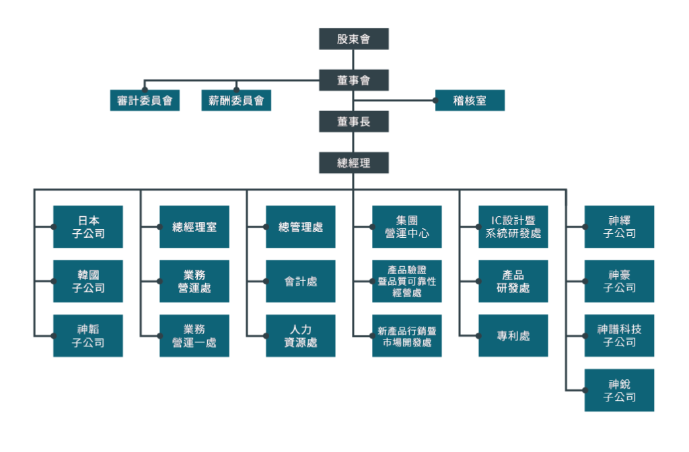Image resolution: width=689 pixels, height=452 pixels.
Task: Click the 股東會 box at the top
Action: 354,39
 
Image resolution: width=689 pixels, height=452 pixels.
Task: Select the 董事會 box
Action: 354,80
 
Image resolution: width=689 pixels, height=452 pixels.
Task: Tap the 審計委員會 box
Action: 145,101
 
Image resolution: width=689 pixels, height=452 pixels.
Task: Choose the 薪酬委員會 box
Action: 236,101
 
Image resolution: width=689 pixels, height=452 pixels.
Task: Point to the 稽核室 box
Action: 470,101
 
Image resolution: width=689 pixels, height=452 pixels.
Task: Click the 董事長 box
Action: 354,121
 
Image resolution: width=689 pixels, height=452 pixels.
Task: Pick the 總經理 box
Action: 354,163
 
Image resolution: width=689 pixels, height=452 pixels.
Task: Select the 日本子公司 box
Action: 88,227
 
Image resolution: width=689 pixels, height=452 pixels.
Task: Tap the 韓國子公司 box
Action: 88,282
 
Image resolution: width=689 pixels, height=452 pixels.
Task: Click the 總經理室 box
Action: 194,227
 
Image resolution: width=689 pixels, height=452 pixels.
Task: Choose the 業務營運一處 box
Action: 194,335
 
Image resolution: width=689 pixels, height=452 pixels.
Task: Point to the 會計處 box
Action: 300,282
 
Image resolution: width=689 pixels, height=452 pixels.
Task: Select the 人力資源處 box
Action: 300,335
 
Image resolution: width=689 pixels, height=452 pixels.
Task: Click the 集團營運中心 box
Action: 407,227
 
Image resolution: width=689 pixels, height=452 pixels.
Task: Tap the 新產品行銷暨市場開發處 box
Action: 407,335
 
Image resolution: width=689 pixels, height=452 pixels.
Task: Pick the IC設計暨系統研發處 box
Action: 513,227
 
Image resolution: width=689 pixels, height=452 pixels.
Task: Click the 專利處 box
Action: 513,335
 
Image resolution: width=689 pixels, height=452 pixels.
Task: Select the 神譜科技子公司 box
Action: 619,335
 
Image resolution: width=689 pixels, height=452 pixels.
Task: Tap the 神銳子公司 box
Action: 619,390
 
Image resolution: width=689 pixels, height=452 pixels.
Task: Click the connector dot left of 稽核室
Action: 436,101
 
